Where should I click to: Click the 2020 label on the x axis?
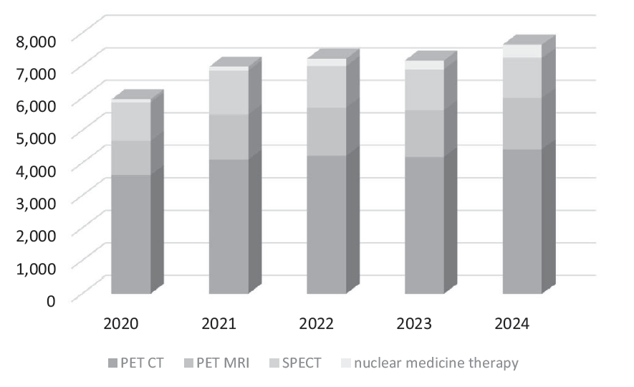(x=121, y=324)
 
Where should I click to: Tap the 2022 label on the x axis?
(x=317, y=324)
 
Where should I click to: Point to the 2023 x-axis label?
(x=414, y=324)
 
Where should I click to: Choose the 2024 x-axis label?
(x=511, y=324)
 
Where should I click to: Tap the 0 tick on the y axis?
(x=51, y=300)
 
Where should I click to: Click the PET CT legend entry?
(x=136, y=363)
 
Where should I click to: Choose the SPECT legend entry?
(x=296, y=363)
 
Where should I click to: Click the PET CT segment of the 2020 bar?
(x=131, y=234)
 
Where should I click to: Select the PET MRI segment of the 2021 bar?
(x=229, y=137)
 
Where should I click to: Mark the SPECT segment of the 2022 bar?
(x=326, y=87)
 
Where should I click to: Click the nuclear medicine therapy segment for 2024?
(x=522, y=51)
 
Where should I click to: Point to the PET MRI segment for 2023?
(x=424, y=133)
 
